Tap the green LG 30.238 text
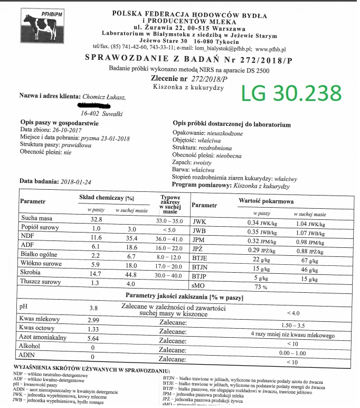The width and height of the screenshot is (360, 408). click(x=291, y=94)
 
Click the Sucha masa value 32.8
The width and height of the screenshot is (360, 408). click(x=96, y=219)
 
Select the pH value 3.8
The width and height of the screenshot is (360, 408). click(x=94, y=308)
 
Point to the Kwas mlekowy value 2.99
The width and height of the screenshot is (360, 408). click(x=93, y=320)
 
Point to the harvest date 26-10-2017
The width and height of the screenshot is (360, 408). click(x=67, y=129)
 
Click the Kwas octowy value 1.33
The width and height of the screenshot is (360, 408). click(x=93, y=330)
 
